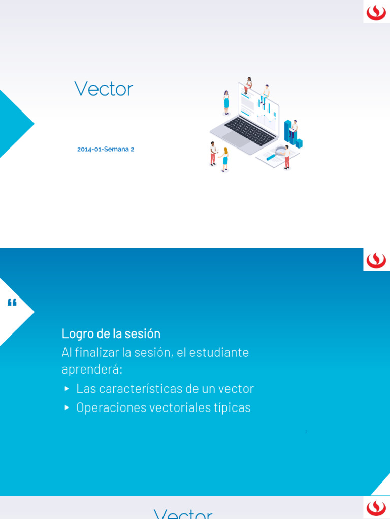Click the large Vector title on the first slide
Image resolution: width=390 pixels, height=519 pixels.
tap(104, 89)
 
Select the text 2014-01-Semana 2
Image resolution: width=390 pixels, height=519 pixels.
tap(106, 150)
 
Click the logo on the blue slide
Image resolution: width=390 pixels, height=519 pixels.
tap(376, 259)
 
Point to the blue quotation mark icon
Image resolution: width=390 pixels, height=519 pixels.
tap(12, 303)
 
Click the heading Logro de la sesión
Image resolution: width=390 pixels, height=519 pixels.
tap(111, 333)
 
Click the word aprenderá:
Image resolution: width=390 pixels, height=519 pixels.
tap(92, 369)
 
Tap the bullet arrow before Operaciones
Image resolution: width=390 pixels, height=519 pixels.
tap(67, 407)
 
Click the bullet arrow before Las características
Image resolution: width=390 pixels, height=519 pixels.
tap(67, 389)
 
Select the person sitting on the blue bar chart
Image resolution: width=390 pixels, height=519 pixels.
tap(293, 129)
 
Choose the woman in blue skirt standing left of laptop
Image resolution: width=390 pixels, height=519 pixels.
tap(226, 102)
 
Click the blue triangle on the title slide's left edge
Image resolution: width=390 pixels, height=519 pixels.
tap(13, 124)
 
